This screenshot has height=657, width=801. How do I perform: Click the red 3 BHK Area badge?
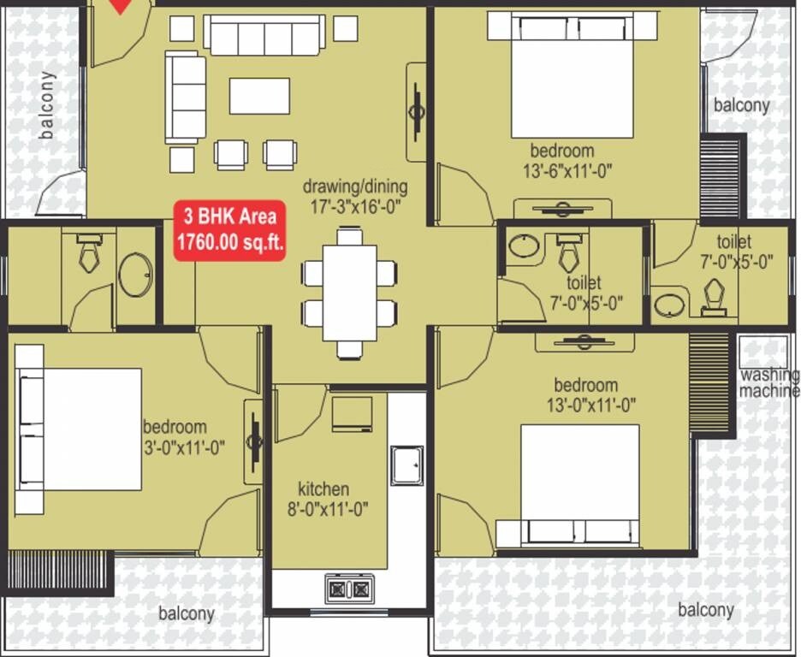229,229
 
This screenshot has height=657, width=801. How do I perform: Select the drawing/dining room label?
355,186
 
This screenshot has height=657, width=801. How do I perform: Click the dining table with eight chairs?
350,292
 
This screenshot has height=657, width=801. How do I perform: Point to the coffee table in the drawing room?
259,96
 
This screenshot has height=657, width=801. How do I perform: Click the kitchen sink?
406,465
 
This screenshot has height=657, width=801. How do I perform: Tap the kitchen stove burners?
349,589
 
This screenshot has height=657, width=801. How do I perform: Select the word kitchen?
323,489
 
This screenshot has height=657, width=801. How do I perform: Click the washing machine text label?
769,383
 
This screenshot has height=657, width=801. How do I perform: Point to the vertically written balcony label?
47,104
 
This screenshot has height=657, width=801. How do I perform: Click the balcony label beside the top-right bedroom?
741,105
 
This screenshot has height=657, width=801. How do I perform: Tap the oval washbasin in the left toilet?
135,275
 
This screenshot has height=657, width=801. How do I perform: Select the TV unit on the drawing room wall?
417,111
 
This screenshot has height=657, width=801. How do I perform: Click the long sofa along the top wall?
264,36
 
